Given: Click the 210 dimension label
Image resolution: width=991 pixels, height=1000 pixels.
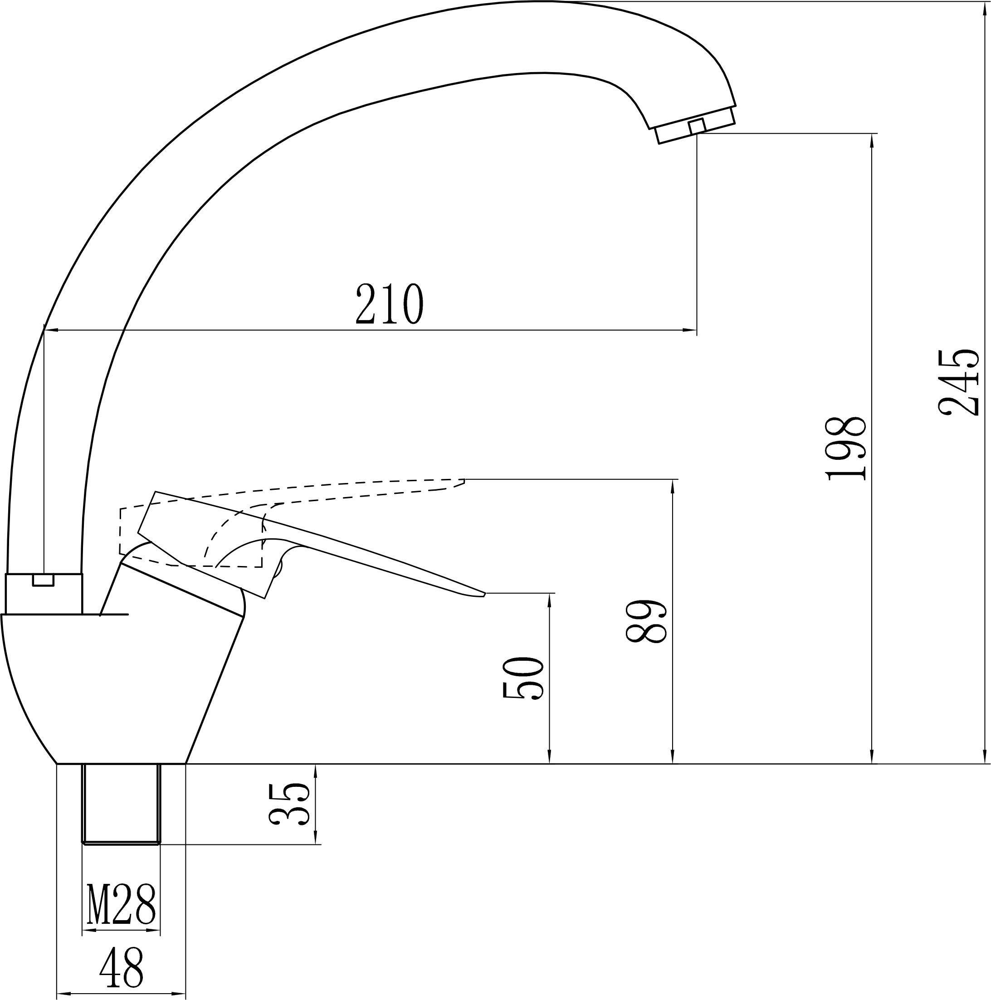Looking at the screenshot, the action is [x=389, y=304].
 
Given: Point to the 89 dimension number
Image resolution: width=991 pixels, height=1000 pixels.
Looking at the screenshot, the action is [x=645, y=622].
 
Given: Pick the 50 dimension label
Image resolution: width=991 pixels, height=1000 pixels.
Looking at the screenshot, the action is [x=522, y=678].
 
